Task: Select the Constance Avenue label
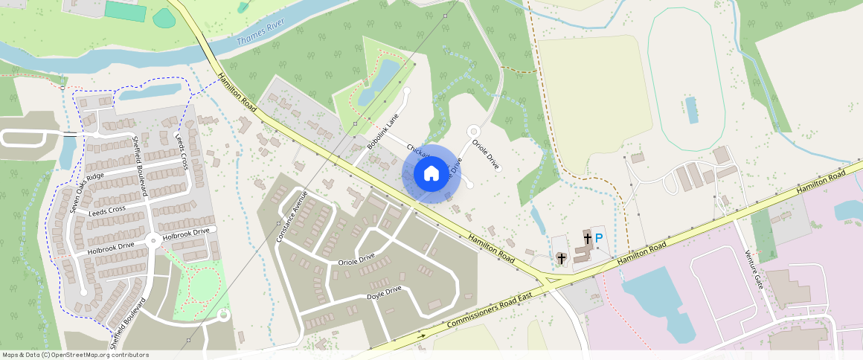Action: point(291,216)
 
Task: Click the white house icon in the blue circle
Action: point(431,174)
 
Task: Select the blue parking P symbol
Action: point(599,238)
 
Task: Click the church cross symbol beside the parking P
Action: point(588,238)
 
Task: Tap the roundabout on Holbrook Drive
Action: point(153,240)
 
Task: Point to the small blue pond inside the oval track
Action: point(693,110)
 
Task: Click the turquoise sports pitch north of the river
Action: point(125,11)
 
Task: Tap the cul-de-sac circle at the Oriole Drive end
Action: point(473,132)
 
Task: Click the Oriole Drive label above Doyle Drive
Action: point(356,261)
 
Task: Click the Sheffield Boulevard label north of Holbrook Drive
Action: point(141,166)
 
